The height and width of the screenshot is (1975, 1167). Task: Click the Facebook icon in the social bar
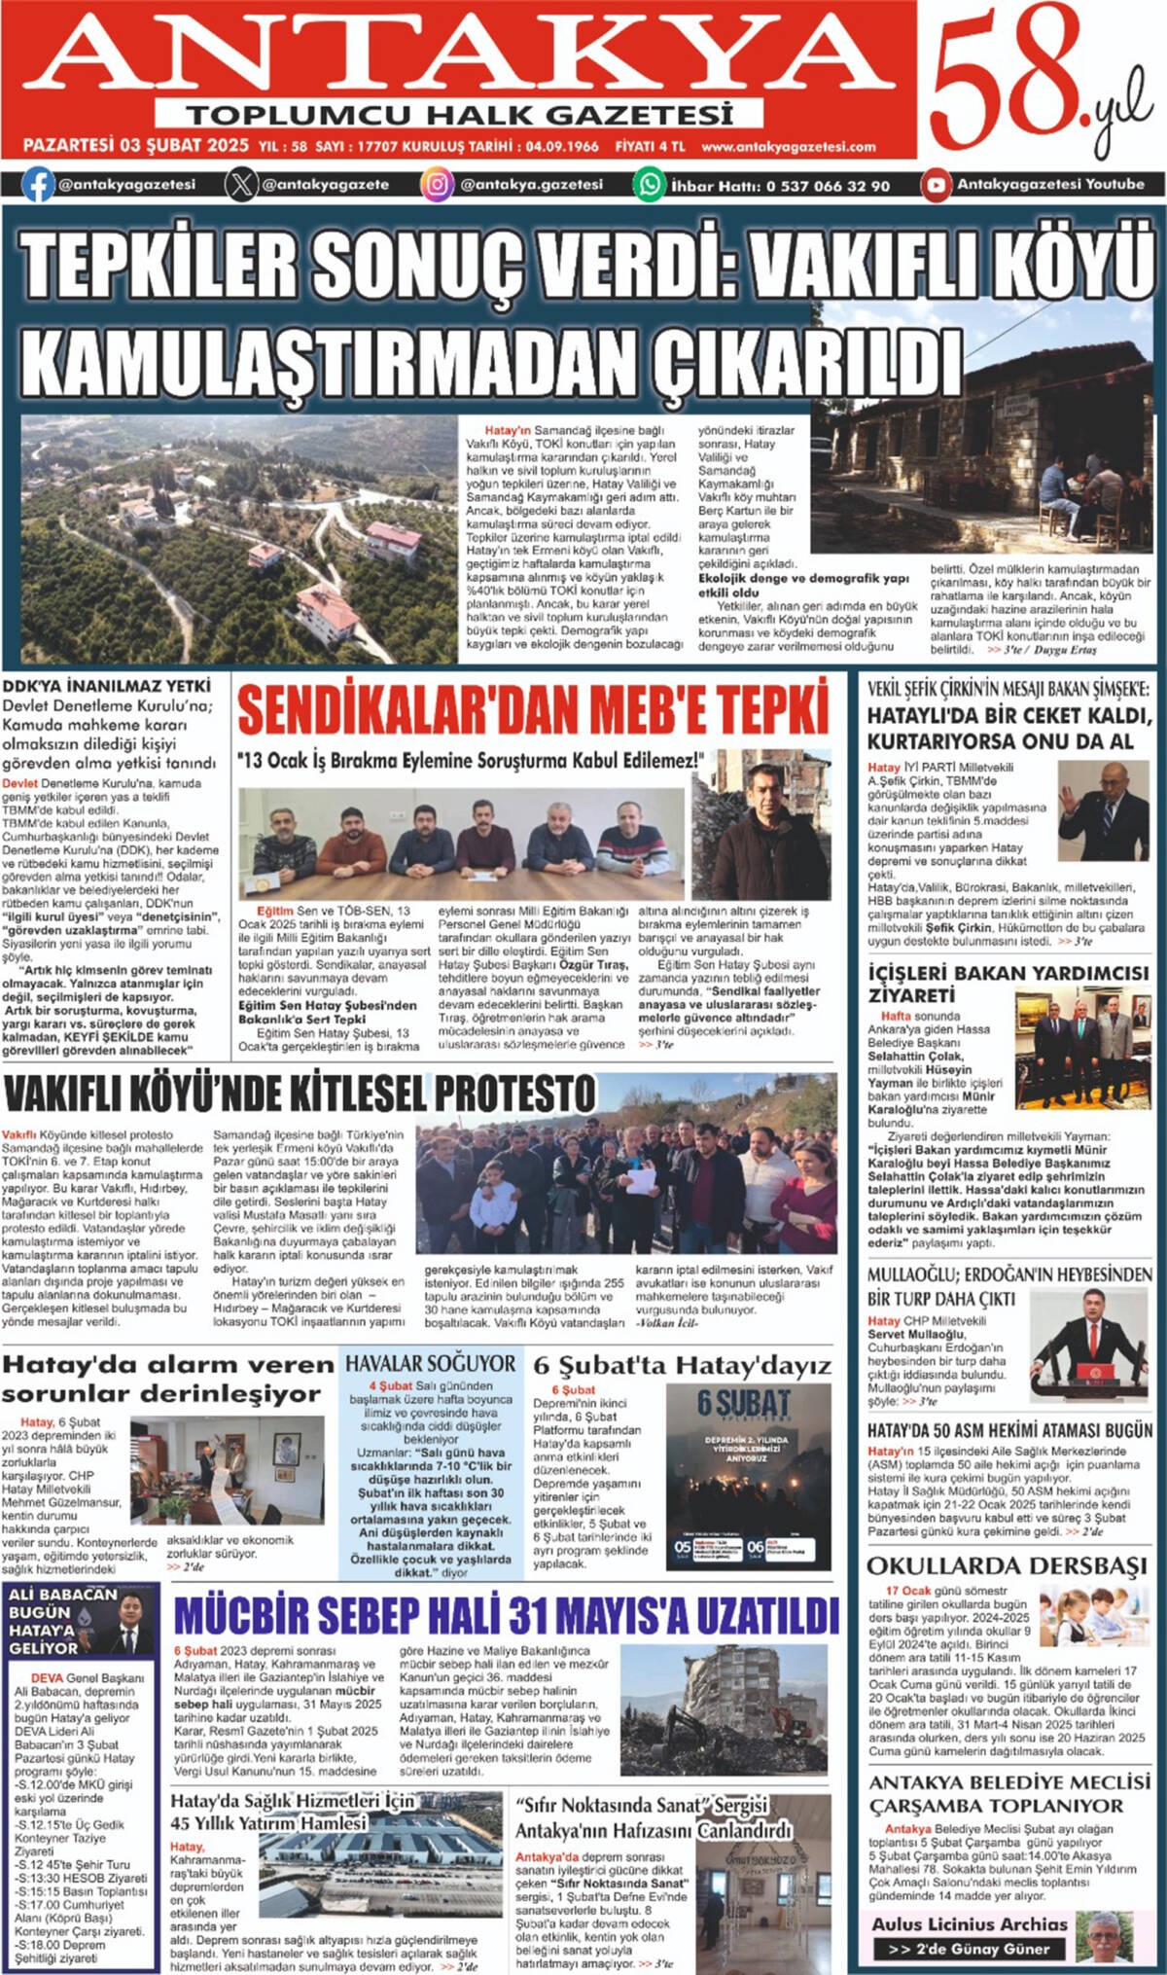click(38, 184)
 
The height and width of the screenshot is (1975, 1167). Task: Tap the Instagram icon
click(437, 184)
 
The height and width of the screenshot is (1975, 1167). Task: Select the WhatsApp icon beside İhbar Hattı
click(649, 184)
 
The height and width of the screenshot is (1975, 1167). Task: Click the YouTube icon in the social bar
click(936, 184)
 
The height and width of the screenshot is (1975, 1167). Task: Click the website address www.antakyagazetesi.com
click(788, 147)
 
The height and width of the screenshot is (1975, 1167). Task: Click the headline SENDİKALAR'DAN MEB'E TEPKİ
click(533, 709)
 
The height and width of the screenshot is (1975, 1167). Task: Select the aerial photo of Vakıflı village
click(238, 537)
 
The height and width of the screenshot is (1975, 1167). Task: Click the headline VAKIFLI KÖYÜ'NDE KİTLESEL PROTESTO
click(300, 1095)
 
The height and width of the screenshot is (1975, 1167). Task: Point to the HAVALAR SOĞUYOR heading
click(431, 1363)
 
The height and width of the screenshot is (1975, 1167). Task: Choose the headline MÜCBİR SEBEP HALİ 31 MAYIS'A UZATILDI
click(506, 1616)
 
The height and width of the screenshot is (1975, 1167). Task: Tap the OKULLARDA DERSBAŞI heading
click(1008, 1565)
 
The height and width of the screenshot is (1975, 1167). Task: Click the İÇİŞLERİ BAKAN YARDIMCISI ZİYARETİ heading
click(1008, 984)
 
